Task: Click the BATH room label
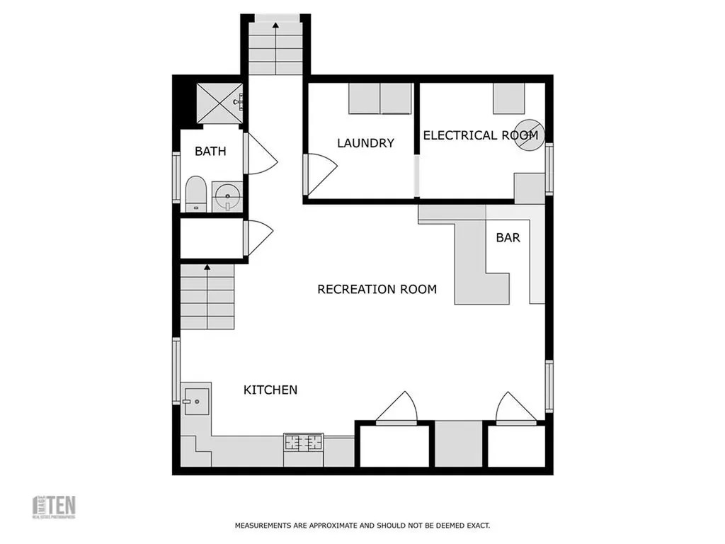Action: (210, 151)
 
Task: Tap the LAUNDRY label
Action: (365, 143)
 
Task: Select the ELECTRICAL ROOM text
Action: (480, 135)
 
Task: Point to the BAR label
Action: (508, 238)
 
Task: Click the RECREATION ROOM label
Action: (377, 289)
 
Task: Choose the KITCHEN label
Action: (270, 390)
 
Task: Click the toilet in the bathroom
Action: (195, 195)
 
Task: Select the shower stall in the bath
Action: (219, 103)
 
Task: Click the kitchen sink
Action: (195, 402)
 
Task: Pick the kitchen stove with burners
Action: (303, 443)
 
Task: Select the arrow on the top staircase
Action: (275, 25)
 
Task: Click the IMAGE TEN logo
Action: (55, 506)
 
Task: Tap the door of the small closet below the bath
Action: (258, 238)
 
